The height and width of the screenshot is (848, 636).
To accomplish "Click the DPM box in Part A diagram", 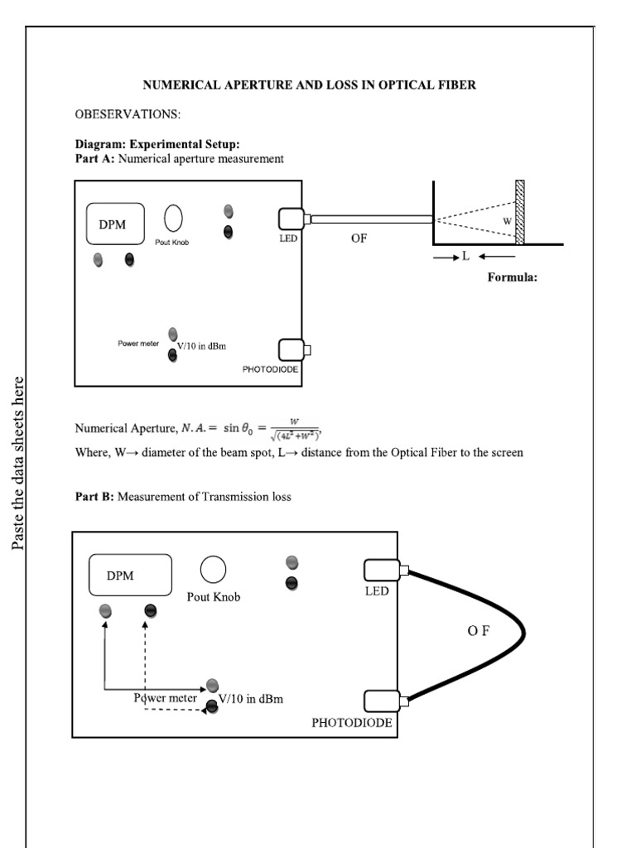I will point(115,224).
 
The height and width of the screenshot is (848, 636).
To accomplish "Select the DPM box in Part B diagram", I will point(130,576).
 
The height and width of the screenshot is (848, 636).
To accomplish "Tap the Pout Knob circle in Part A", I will point(173,218).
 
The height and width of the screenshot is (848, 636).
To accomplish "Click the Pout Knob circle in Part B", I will point(213,570).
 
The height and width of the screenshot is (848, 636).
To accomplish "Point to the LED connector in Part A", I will point(292,219).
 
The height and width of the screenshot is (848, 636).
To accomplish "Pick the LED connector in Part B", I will point(382,570).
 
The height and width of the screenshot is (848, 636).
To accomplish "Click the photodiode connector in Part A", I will point(292,350).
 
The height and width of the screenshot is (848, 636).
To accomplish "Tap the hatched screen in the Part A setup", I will point(520,213).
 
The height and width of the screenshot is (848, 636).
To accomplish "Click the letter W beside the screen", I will point(507,220).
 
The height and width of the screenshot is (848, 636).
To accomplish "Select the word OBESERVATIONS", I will point(128,113).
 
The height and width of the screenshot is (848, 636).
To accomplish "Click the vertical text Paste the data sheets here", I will point(19,463).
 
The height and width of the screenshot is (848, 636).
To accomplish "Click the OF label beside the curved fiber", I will point(478,631).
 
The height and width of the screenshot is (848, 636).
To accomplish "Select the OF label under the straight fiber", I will point(358,238).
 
